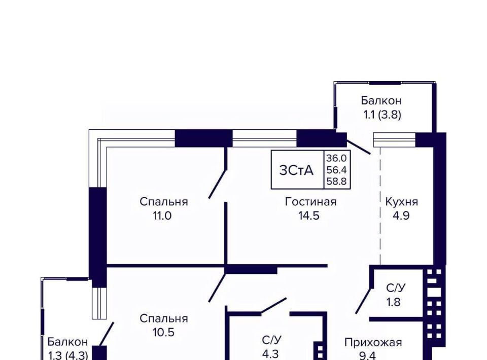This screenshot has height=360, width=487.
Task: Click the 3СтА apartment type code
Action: coord(297,170)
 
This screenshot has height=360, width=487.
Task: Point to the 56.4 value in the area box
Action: coord(336,170)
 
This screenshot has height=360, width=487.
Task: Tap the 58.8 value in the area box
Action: coord(336,181)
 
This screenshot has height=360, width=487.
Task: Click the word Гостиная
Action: coord(310,202)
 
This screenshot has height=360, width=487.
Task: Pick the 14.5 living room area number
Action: coord(310,215)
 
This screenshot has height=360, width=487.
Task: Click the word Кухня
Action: coord(401,202)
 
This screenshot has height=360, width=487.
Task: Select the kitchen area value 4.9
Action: coord(401,215)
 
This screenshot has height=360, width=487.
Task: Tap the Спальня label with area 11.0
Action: coord(164,202)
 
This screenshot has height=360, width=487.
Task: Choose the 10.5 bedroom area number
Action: coord(164,333)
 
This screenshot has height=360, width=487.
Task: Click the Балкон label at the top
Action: coord(381,100)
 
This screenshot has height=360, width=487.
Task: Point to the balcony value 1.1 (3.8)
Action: coord(381,115)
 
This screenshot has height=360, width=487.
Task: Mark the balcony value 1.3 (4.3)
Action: coord(68,355)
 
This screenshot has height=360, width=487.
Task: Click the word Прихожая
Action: coord(373,342)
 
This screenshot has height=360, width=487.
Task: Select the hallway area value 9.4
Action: coord(373,355)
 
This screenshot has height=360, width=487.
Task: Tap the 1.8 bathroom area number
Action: coord(396,303)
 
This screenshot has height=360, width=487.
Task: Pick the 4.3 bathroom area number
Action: coord(269,353)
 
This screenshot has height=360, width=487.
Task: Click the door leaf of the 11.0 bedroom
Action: coord(217,184)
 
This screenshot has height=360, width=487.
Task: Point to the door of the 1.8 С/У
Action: coord(363,300)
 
